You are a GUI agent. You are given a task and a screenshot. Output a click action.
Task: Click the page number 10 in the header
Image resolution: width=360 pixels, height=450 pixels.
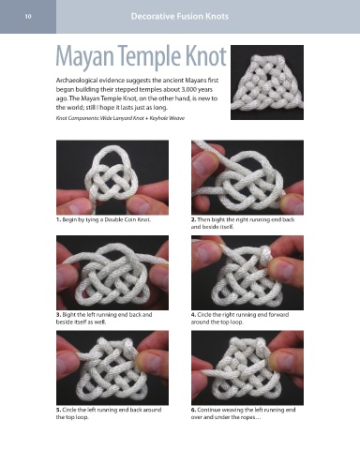coord(28,17)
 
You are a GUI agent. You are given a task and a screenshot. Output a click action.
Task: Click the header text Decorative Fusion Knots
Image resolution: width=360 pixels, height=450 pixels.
coord(180,16)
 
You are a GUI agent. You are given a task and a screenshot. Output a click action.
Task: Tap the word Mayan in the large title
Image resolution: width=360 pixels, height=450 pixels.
coord(84,57)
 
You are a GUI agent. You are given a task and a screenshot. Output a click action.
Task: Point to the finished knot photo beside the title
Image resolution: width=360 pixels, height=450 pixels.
coord(267,82)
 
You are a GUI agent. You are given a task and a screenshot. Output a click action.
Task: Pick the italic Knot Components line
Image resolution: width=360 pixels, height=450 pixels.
coord(120,118)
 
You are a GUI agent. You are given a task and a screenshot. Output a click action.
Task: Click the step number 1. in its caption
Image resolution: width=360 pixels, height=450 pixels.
coord(58,219)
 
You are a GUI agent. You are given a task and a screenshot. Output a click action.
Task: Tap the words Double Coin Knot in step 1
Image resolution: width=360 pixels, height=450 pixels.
coord(127,219)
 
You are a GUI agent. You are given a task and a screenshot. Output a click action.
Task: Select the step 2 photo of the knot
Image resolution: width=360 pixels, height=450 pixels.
coord(247,177)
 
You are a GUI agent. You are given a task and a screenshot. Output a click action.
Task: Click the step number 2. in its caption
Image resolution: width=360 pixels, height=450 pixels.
coord(193,219)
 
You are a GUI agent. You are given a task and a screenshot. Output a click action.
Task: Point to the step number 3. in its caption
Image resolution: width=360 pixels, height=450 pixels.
coord(58,315)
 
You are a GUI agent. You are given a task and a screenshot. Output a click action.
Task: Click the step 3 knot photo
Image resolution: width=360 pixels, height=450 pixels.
coord(112,273)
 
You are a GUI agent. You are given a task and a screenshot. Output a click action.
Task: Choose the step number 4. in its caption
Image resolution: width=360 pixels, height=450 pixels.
coord(193,315)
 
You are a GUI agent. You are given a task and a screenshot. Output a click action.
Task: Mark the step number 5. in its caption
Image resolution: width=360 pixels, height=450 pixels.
coord(58,410)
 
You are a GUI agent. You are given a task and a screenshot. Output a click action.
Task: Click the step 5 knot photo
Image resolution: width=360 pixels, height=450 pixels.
coord(112,367)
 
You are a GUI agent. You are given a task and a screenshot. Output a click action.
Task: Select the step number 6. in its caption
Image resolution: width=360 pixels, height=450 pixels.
coord(193,410)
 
